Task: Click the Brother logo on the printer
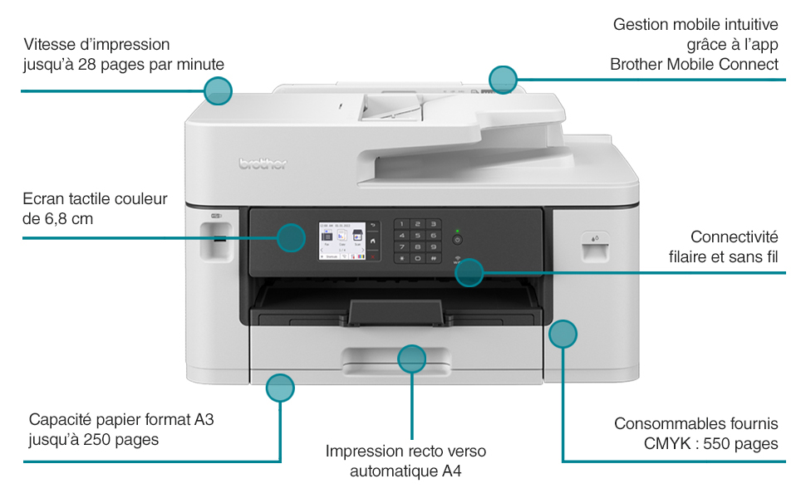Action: tap(263, 164)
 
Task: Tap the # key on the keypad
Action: tap(433, 258)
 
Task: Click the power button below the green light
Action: tap(458, 240)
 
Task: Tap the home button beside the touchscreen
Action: tap(373, 240)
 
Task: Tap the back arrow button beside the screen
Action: tap(373, 226)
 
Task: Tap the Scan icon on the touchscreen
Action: tap(357, 237)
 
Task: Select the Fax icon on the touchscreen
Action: tap(327, 237)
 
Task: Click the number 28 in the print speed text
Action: tap(86, 65)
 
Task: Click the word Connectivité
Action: tap(734, 237)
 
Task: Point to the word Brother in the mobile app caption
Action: tap(636, 64)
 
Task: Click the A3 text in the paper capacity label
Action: tap(204, 419)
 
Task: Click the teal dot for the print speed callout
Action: tap(218, 90)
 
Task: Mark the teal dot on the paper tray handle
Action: tap(412, 359)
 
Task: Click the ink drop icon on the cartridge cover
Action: tap(595, 239)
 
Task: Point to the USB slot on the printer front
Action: tap(219, 239)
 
